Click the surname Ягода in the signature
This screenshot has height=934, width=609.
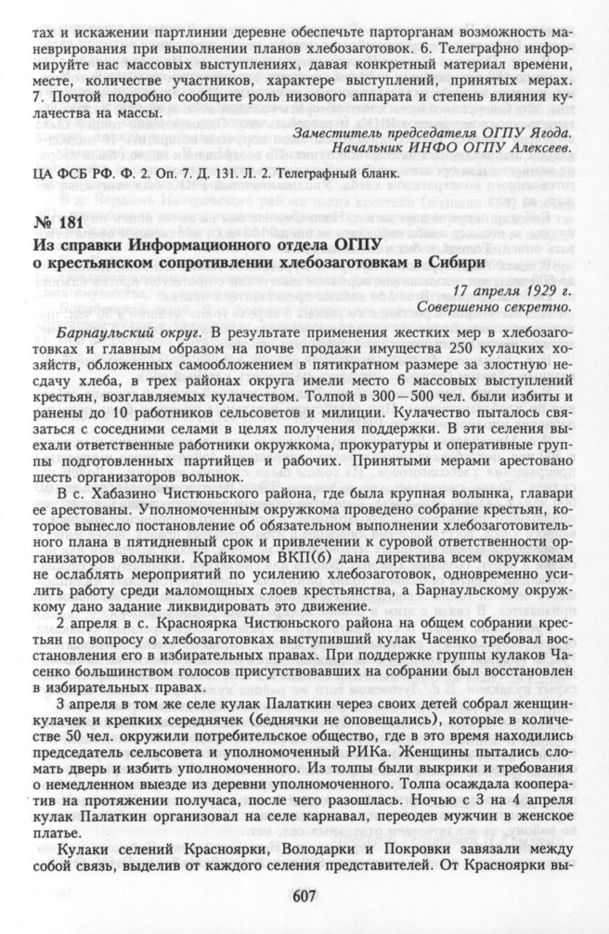(x=553, y=134)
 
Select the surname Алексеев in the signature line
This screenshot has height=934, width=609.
(x=543, y=149)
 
